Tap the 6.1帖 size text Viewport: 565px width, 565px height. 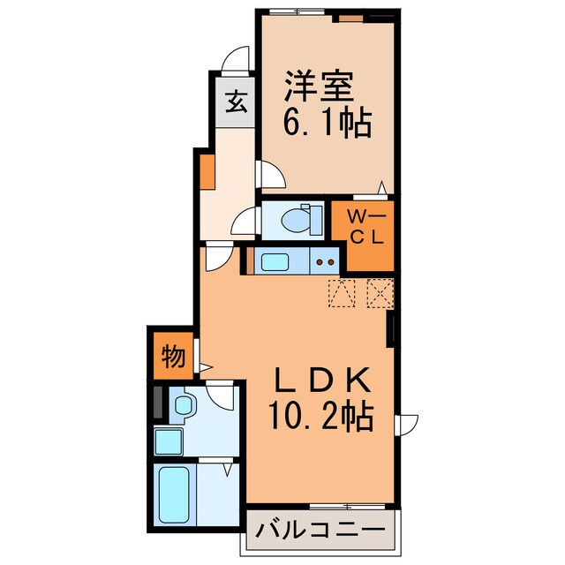[x=326, y=122]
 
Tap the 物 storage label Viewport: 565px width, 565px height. [x=173, y=357]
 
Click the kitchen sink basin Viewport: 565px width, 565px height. [x=275, y=260]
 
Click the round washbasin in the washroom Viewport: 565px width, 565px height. [x=184, y=407]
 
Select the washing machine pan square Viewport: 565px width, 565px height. [x=167, y=440]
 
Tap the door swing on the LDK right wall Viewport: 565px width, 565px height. [x=407, y=426]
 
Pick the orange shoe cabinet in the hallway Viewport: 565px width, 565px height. [x=206, y=171]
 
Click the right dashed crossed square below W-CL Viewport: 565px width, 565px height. [x=379, y=291]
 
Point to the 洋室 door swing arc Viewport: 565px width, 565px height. [x=271, y=175]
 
